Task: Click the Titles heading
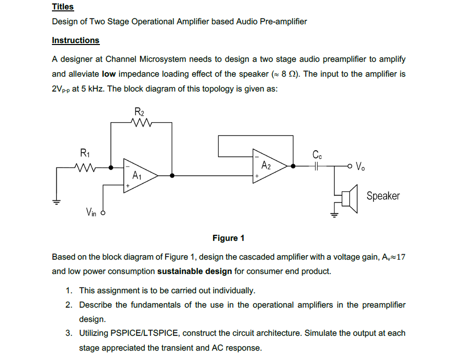[63, 7]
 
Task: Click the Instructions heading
[76, 41]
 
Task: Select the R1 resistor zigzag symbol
[85, 167]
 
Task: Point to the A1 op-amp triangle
[139, 175]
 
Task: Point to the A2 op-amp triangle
[268, 166]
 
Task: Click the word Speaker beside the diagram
[383, 196]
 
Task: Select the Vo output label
[361, 166]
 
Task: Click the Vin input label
[91, 213]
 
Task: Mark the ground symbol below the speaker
[334, 214]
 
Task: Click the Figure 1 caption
[229, 238]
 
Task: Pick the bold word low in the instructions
[109, 74]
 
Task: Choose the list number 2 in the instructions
[69, 305]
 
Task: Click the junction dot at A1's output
[172, 175]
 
